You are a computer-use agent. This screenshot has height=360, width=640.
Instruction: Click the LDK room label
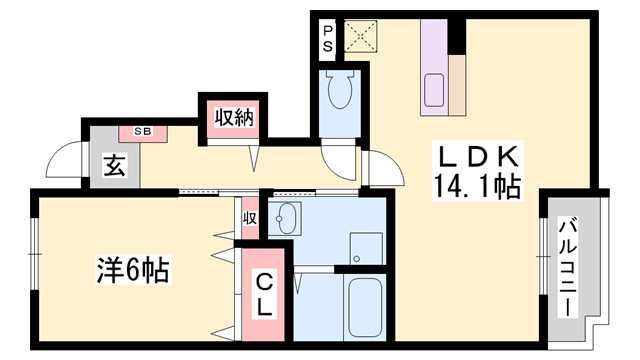tap(476, 157)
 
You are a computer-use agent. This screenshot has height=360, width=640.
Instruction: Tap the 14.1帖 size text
tap(476, 186)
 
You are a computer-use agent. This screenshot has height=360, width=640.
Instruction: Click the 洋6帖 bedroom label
tap(131, 270)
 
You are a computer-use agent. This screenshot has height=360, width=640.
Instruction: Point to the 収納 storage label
tap(231, 118)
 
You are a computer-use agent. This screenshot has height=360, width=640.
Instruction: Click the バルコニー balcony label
tap(566, 267)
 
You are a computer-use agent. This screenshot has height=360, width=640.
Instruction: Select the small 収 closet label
tap(249, 217)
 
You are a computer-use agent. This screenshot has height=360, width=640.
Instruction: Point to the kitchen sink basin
tap(435, 90)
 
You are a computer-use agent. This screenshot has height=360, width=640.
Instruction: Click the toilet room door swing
tap(338, 159)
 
